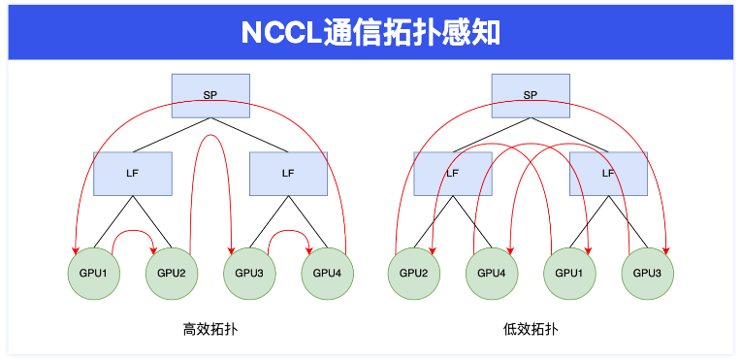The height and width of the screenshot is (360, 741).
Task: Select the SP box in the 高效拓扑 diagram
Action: point(210,94)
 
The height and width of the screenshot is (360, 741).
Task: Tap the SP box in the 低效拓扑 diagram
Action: point(530,94)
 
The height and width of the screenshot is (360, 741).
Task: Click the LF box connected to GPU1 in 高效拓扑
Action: point(133,173)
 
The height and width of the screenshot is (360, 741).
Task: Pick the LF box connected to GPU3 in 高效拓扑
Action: point(288,173)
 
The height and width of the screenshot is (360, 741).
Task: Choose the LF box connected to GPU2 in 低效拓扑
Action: point(452,173)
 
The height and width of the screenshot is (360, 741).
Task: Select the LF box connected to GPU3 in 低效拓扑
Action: point(608,173)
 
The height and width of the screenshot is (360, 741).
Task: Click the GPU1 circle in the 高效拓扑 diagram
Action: point(94,271)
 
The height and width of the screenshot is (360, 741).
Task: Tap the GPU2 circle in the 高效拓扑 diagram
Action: point(172,271)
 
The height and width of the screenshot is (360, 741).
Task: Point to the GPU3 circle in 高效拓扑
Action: point(249,271)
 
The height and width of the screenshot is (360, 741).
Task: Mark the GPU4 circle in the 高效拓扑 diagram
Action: point(327,271)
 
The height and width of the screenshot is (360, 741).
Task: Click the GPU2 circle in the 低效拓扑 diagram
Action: point(414,271)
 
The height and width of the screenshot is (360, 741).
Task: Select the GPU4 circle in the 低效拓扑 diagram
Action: point(492,271)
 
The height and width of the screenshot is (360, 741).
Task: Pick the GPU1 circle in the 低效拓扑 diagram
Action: point(569,271)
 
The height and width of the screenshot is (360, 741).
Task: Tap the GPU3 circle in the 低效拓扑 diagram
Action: point(647,271)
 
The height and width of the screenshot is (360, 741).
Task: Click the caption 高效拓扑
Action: point(210,329)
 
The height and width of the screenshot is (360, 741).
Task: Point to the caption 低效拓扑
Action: point(530,329)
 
